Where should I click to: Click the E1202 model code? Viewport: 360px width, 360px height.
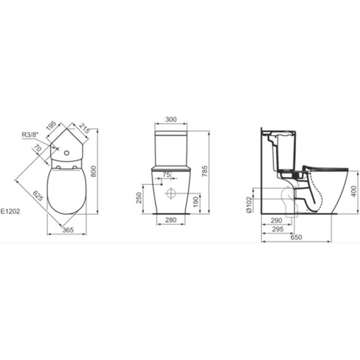coord(11,213)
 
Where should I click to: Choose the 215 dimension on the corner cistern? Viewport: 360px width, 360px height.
coord(84,130)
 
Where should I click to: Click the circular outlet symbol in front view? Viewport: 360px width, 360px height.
coord(171,193)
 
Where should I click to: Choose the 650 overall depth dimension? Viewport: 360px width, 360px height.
coord(296,237)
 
